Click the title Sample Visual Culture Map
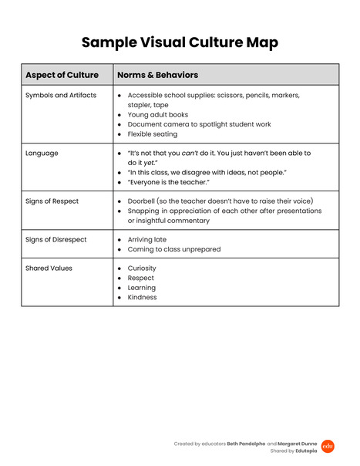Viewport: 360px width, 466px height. (x=180, y=42)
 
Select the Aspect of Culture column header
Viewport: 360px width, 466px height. (x=62, y=75)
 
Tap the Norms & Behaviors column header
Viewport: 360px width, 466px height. (x=157, y=75)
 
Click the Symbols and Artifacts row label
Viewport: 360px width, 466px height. (x=61, y=96)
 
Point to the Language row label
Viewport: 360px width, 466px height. (x=42, y=154)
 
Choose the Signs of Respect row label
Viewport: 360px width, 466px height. (x=52, y=201)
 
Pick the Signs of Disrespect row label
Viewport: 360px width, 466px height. (x=56, y=240)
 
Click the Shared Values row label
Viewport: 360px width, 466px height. (x=49, y=268)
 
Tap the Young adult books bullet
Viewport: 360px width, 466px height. (x=157, y=115)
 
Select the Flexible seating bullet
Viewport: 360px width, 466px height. (x=152, y=134)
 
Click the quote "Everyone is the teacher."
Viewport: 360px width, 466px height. (x=169, y=182)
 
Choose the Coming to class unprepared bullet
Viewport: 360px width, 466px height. (x=173, y=249)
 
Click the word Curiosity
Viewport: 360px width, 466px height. (x=142, y=268)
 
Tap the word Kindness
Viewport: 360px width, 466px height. (x=142, y=298)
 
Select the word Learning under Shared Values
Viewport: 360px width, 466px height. (x=142, y=288)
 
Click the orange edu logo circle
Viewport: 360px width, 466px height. (x=328, y=446)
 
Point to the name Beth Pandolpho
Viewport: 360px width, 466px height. (x=246, y=444)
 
